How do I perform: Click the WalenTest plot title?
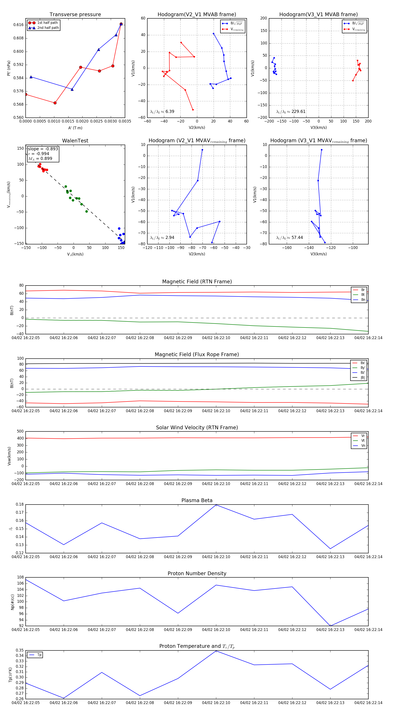coord(75,141)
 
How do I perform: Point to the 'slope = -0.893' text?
coord(43,149)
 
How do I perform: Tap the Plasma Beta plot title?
coord(197,500)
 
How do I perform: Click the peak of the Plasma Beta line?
coord(216,505)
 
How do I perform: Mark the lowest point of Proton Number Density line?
coord(330,626)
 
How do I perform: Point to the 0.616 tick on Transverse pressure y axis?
coord(19,25)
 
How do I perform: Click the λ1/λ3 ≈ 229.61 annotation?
coord(291,112)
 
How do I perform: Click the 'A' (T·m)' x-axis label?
coord(75,128)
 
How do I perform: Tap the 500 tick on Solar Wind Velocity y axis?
coord(20,431)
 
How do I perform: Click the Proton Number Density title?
coord(197,573)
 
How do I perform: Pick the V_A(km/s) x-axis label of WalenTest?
coord(75,254)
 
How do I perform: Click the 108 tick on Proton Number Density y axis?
coord(20,577)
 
